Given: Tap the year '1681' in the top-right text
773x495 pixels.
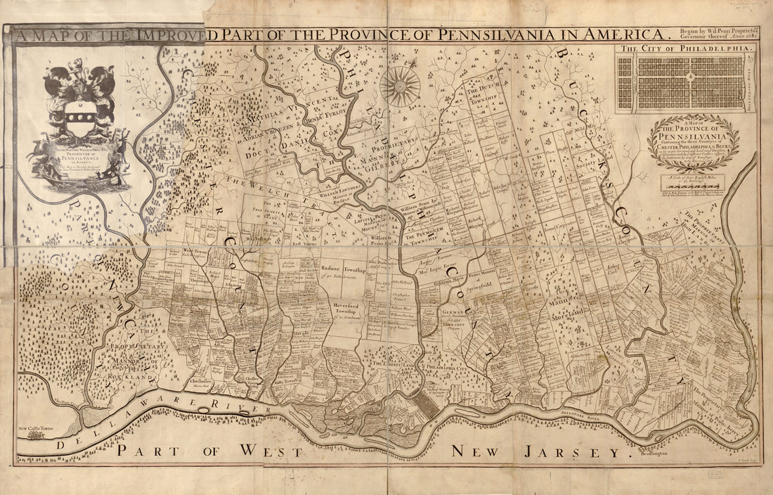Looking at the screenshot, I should coord(746,39).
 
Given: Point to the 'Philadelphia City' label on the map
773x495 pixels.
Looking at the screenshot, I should coord(443,367).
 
